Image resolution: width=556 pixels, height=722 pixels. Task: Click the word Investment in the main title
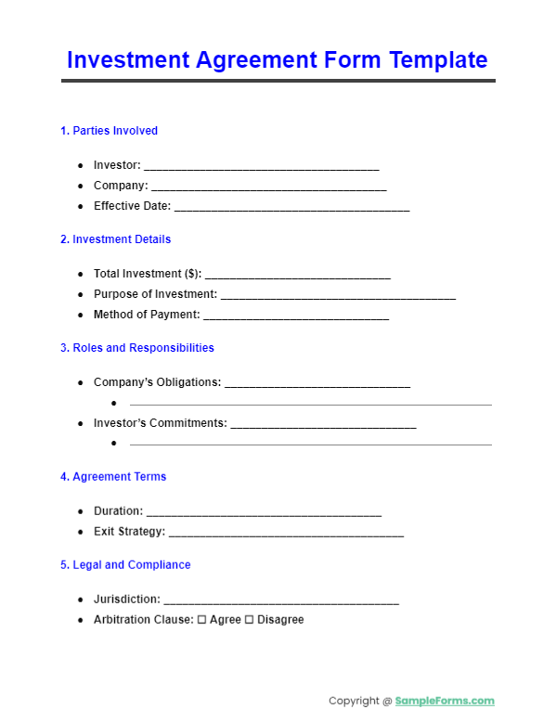pyautogui.click(x=127, y=60)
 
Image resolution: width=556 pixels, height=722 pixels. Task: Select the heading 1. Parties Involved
pyautogui.click(x=109, y=131)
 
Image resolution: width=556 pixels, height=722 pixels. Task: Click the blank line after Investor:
pyautogui.click(x=261, y=167)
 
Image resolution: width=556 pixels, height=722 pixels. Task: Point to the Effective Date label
pyautogui.click(x=132, y=206)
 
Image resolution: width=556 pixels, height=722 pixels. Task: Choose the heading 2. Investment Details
pyautogui.click(x=115, y=239)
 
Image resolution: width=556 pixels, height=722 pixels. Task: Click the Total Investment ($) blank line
pyautogui.click(x=297, y=276)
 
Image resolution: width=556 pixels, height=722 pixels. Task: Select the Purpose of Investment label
pyautogui.click(x=155, y=294)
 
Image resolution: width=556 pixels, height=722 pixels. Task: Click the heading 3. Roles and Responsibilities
pyautogui.click(x=136, y=348)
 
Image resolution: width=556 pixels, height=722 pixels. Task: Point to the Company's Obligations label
pyautogui.click(x=157, y=382)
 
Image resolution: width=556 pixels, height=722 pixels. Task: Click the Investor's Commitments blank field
pyautogui.click(x=323, y=425)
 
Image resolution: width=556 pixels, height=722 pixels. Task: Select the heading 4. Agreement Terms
pyautogui.click(x=113, y=477)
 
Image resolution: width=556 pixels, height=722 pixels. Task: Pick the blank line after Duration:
pyautogui.click(x=264, y=512)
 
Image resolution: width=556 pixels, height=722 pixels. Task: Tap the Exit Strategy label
pyautogui.click(x=129, y=532)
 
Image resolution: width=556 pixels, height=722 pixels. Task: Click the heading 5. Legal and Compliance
pyautogui.click(x=125, y=565)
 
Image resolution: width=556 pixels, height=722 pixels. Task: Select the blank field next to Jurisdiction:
pyautogui.click(x=280, y=601)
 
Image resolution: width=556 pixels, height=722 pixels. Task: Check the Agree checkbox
pyautogui.click(x=202, y=620)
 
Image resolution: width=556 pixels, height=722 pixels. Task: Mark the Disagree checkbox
pyautogui.click(x=249, y=620)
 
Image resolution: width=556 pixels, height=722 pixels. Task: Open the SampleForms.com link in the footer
pyautogui.click(x=445, y=702)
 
